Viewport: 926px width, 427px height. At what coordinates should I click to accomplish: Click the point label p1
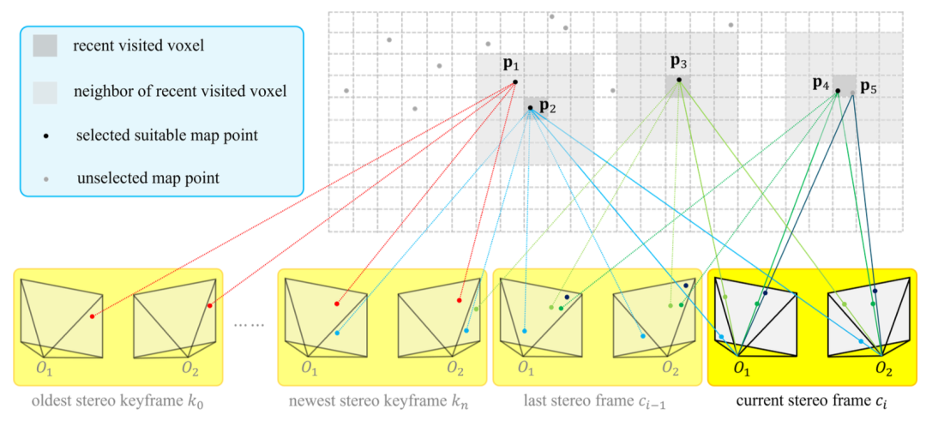point(511,65)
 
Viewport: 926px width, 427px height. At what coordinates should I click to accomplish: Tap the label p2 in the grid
point(548,108)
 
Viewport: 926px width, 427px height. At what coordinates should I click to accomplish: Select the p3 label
point(678,62)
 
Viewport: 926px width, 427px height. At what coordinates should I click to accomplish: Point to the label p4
point(821,84)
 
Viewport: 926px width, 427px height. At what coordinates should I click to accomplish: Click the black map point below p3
point(678,81)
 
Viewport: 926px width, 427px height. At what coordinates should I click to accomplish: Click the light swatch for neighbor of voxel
point(45,91)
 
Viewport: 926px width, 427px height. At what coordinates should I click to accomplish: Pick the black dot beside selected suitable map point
point(45,135)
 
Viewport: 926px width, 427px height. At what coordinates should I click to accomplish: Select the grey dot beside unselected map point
point(45,179)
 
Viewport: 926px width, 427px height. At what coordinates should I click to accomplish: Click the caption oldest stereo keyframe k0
point(117,401)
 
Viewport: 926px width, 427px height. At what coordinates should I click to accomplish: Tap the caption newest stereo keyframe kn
point(381,401)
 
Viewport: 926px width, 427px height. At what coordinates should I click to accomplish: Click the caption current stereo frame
point(811,401)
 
